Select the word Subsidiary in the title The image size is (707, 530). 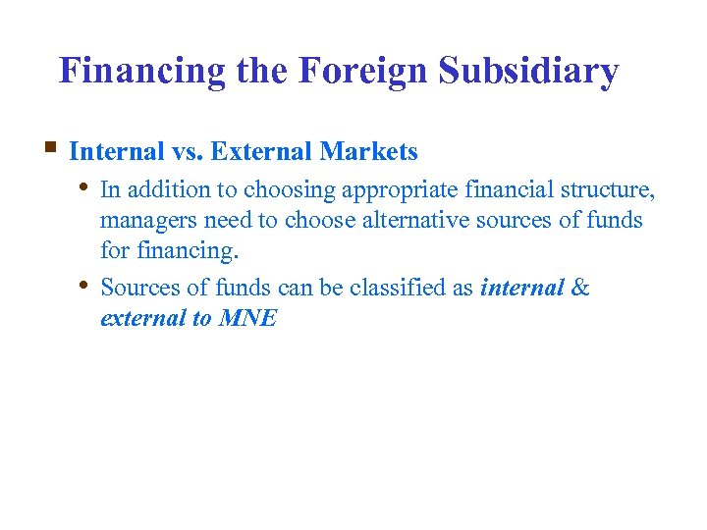coord(529,71)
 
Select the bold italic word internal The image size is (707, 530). coord(522,289)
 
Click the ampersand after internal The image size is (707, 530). coord(580,289)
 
